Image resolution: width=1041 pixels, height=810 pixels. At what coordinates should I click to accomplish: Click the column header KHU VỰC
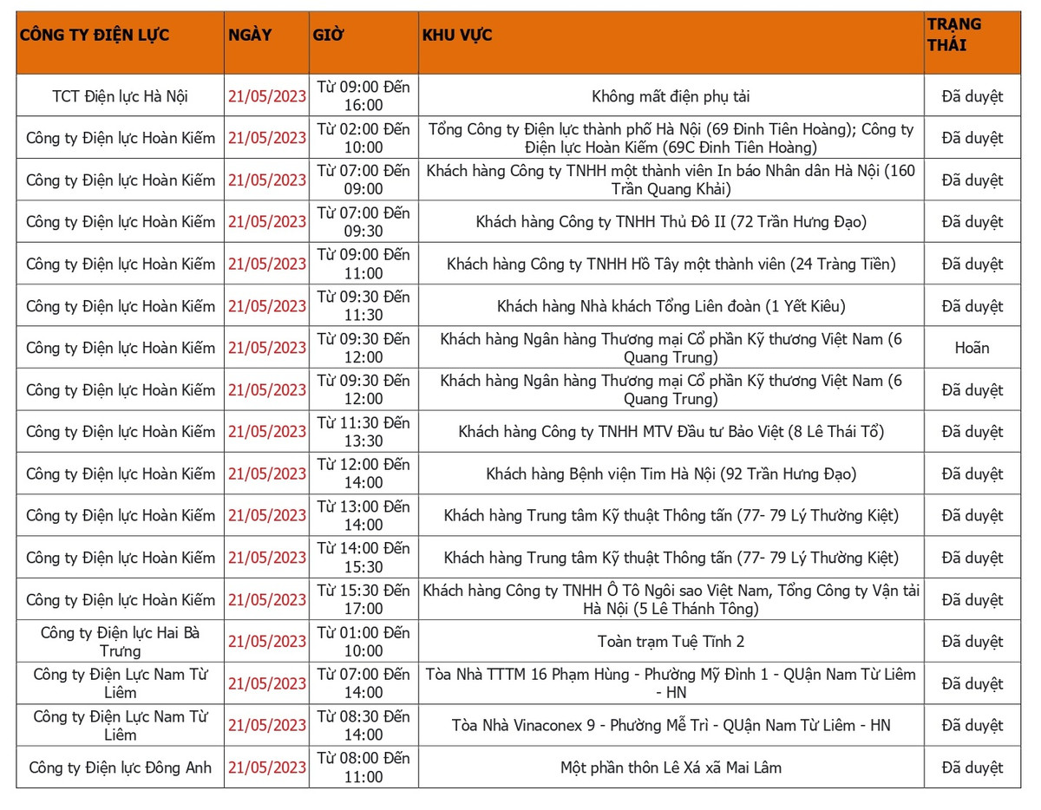tap(457, 36)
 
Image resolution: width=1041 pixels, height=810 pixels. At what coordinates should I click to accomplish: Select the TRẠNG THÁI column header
tap(954, 35)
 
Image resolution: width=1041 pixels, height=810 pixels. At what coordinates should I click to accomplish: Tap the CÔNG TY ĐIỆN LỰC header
tap(95, 36)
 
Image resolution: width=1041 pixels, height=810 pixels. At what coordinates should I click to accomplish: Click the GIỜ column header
tap(328, 36)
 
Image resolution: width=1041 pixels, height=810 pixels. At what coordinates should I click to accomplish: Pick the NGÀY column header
tap(250, 36)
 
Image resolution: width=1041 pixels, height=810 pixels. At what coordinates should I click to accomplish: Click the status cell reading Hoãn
tap(972, 348)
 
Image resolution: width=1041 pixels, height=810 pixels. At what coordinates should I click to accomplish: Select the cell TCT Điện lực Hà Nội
tap(120, 96)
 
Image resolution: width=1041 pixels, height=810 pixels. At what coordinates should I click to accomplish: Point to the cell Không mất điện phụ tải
tap(671, 96)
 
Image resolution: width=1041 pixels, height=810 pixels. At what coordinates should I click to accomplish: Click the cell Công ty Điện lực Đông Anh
tap(120, 768)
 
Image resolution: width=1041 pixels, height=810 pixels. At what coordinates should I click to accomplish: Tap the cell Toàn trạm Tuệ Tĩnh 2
tap(671, 642)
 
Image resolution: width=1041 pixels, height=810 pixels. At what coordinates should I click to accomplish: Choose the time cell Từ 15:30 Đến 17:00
tap(363, 599)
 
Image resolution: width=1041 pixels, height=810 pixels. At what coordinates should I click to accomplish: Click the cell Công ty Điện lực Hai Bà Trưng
tap(120, 642)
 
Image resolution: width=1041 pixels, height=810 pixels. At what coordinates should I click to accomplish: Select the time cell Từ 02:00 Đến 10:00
tap(363, 138)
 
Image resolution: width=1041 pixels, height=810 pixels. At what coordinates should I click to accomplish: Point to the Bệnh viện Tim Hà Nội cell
tap(671, 474)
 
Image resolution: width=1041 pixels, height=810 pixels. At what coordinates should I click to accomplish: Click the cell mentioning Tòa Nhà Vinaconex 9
tap(671, 725)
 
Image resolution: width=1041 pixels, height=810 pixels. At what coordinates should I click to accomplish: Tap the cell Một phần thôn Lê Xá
tap(671, 768)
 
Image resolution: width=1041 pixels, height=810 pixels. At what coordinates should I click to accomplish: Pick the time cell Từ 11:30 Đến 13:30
tap(363, 432)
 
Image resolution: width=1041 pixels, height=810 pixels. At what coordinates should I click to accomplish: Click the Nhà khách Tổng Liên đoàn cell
tap(671, 306)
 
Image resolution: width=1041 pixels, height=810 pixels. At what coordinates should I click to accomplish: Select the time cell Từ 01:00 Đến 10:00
tap(363, 642)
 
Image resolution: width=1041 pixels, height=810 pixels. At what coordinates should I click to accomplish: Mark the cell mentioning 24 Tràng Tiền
tap(671, 264)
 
